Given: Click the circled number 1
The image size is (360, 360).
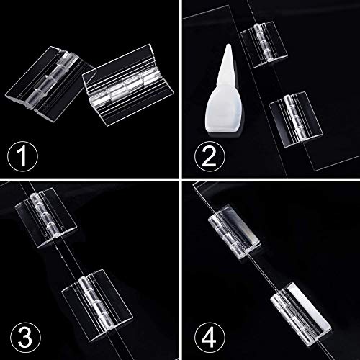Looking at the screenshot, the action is (x=22, y=157).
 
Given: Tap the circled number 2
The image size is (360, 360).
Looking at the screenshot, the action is (x=210, y=157).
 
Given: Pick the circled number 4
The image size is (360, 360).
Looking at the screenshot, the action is (x=210, y=336).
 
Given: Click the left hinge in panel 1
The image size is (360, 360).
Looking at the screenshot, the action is (x=49, y=80).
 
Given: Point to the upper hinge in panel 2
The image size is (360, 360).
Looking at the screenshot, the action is (x=264, y=44).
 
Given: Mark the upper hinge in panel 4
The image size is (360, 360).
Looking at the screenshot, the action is (x=234, y=231).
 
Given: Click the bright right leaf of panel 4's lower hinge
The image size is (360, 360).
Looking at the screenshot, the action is (x=310, y=310).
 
